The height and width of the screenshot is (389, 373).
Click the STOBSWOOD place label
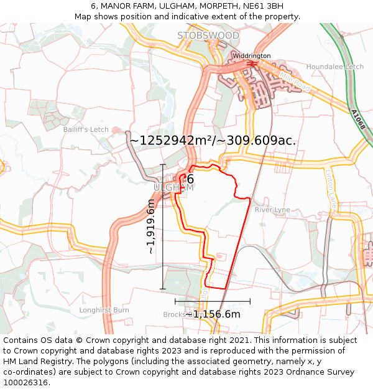point(208,35)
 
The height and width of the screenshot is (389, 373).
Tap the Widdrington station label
point(251,56)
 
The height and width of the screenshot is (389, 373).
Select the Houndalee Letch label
point(335,67)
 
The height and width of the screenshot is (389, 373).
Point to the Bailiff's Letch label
point(86,129)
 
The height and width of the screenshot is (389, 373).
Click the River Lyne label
point(272,210)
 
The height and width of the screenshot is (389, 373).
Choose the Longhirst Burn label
point(104,310)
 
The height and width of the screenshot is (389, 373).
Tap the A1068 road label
point(359,120)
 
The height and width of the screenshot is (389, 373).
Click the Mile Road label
point(294,81)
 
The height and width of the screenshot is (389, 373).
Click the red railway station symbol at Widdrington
point(252,63)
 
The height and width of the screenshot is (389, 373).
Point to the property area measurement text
point(212,141)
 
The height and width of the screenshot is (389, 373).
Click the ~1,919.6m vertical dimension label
point(151,226)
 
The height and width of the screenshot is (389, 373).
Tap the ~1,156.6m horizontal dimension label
point(213,314)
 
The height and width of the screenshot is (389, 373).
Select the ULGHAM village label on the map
point(173,187)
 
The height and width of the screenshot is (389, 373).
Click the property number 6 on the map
point(190,180)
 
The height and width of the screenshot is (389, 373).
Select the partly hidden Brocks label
point(173,314)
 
